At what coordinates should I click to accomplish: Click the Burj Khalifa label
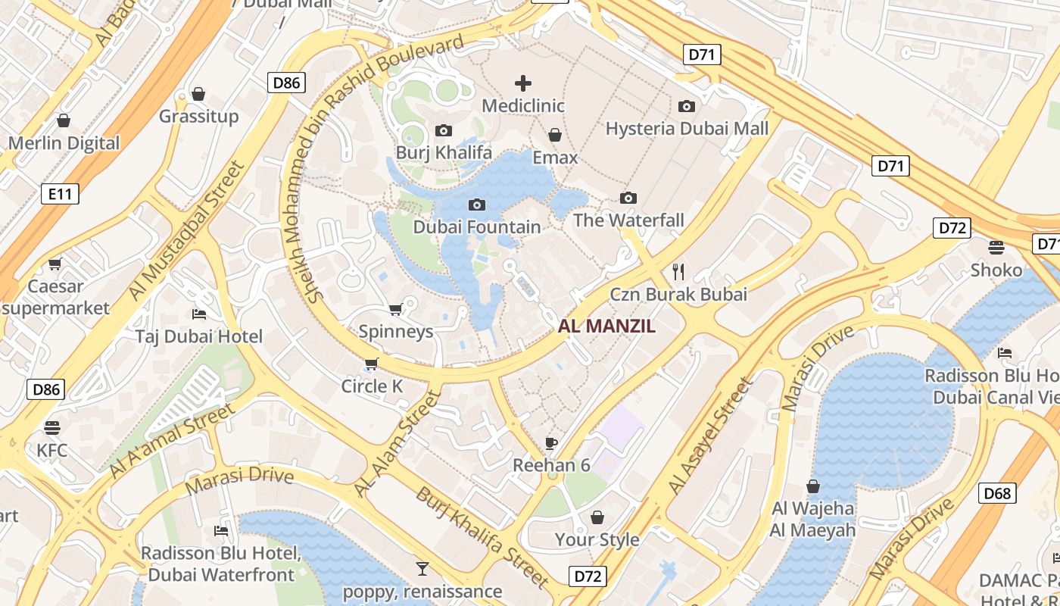tap(444, 153)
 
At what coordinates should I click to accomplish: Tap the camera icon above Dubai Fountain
tap(477, 205)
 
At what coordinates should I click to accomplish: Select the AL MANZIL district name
tap(606, 326)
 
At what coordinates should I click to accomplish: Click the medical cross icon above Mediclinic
tap(523, 83)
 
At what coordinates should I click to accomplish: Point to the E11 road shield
tap(60, 194)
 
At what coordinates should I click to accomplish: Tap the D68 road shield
tap(997, 494)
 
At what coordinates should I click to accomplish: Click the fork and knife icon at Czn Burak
tap(678, 272)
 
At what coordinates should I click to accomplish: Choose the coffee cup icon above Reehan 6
tap(551, 443)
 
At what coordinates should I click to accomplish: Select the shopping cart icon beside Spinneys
tap(395, 309)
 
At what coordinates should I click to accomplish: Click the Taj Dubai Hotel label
tap(199, 336)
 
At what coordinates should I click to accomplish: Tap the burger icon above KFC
tap(52, 428)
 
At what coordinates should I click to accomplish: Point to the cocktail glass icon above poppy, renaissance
tap(422, 568)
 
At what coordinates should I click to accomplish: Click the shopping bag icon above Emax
tap(555, 135)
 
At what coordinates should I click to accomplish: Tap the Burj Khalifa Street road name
tap(482, 538)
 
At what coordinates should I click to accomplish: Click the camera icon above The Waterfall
tap(628, 198)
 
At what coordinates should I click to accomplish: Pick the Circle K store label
tap(372, 386)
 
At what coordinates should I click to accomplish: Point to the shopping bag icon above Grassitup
tap(198, 94)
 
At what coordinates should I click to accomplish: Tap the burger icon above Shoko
tap(996, 247)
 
